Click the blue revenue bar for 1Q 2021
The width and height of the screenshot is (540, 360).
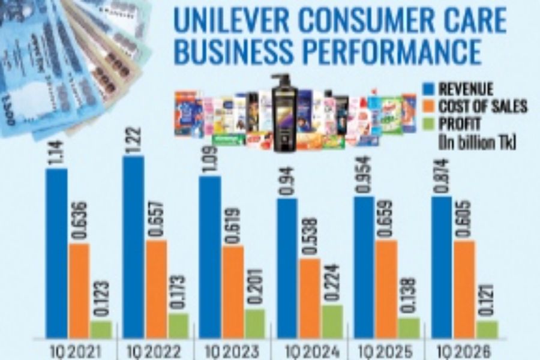[56, 252]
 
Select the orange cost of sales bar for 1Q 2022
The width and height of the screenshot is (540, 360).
[156, 288]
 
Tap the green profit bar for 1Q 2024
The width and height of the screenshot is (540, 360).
[332, 321]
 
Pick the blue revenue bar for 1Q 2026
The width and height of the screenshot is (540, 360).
[442, 266]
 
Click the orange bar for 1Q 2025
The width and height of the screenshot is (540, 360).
[387, 288]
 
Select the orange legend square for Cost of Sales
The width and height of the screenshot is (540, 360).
[428, 107]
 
